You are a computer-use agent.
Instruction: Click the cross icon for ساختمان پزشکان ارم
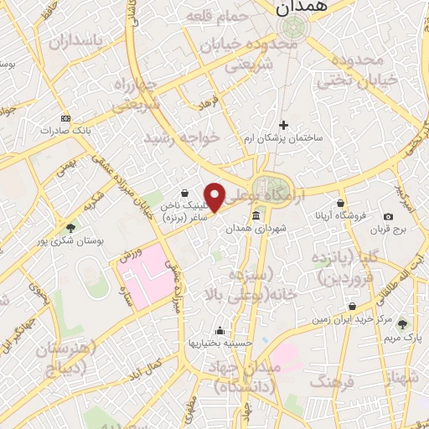pyautogui.click(x=283, y=125)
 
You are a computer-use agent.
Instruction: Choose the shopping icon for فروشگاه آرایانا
pyautogui.click(x=340, y=203)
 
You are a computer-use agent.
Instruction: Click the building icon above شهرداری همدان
pyautogui.click(x=256, y=217)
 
